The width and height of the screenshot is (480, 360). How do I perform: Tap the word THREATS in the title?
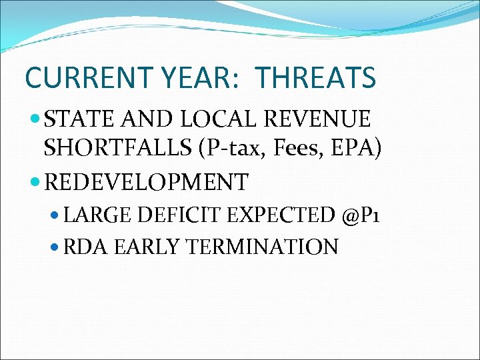[x=315, y=78]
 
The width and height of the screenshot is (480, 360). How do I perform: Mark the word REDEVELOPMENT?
[x=146, y=181]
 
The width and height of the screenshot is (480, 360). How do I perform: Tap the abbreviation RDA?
[x=87, y=247]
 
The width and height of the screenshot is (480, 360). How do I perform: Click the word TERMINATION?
[x=262, y=247]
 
